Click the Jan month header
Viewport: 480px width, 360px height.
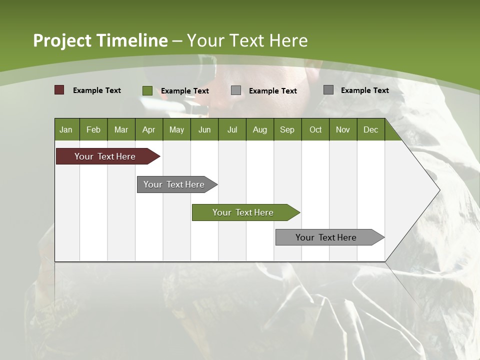pyautogui.click(x=66, y=129)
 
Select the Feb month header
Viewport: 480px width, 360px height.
pyautogui.click(x=93, y=129)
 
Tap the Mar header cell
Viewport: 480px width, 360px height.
pyautogui.click(x=121, y=129)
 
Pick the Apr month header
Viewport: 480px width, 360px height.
pyautogui.click(x=149, y=129)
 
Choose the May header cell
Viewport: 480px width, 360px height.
pyautogui.click(x=176, y=129)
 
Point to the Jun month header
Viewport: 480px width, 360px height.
pyautogui.click(x=204, y=129)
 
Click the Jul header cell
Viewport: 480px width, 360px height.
pyautogui.click(x=232, y=129)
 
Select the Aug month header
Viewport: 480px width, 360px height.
pyautogui.click(x=260, y=129)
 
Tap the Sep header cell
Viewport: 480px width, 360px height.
pyautogui.click(x=287, y=129)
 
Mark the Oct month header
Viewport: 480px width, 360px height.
pyautogui.click(x=315, y=129)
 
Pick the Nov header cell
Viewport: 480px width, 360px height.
pyautogui.click(x=343, y=129)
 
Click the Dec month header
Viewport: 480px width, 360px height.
pyautogui.click(x=371, y=129)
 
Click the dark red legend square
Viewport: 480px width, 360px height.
pyautogui.click(x=59, y=90)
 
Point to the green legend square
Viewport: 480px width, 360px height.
pyautogui.click(x=147, y=90)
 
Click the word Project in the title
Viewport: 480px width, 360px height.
pyautogui.click(x=62, y=40)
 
